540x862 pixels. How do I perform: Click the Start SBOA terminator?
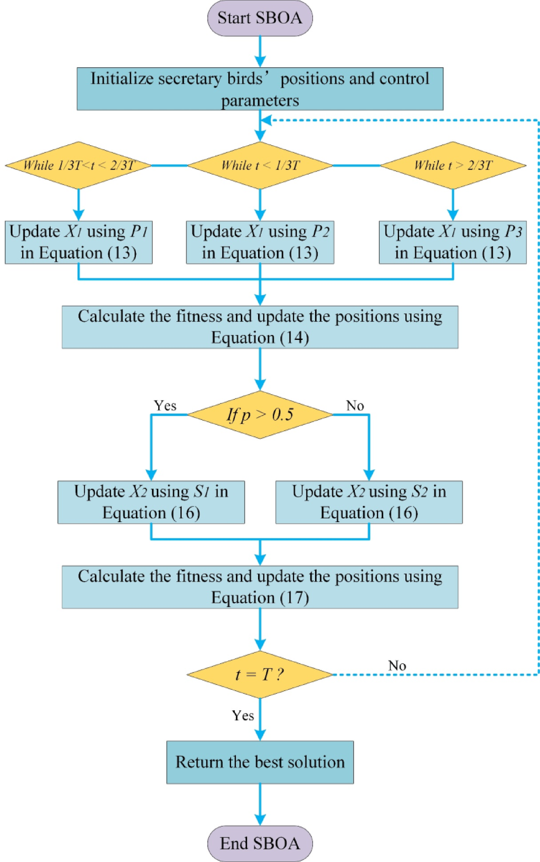tap(260, 18)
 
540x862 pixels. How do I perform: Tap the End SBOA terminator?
tap(260, 843)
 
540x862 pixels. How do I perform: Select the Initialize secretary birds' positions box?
tap(260, 89)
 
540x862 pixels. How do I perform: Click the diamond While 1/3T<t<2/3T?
tap(78, 165)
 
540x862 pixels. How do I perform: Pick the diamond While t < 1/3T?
tap(260, 165)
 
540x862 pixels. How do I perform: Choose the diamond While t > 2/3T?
tap(452, 165)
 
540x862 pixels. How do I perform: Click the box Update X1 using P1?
tap(78, 242)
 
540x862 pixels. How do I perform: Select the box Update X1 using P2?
tap(260, 242)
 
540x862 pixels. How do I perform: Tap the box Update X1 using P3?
tap(452, 242)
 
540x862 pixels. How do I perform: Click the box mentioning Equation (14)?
tap(260, 327)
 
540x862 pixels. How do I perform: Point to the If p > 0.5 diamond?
tap(260, 415)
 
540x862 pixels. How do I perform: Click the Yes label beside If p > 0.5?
tap(165, 406)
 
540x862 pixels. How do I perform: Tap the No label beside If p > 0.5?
tap(355, 406)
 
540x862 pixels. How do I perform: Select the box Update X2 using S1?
tap(151, 502)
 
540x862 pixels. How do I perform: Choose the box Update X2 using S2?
tap(369, 502)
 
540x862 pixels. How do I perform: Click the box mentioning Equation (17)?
tap(260, 586)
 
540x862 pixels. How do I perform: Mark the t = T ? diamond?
tap(260, 675)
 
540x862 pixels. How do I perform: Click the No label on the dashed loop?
tap(397, 665)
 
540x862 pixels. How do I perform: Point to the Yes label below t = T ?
tap(243, 715)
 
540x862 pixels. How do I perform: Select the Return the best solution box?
tap(260, 762)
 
